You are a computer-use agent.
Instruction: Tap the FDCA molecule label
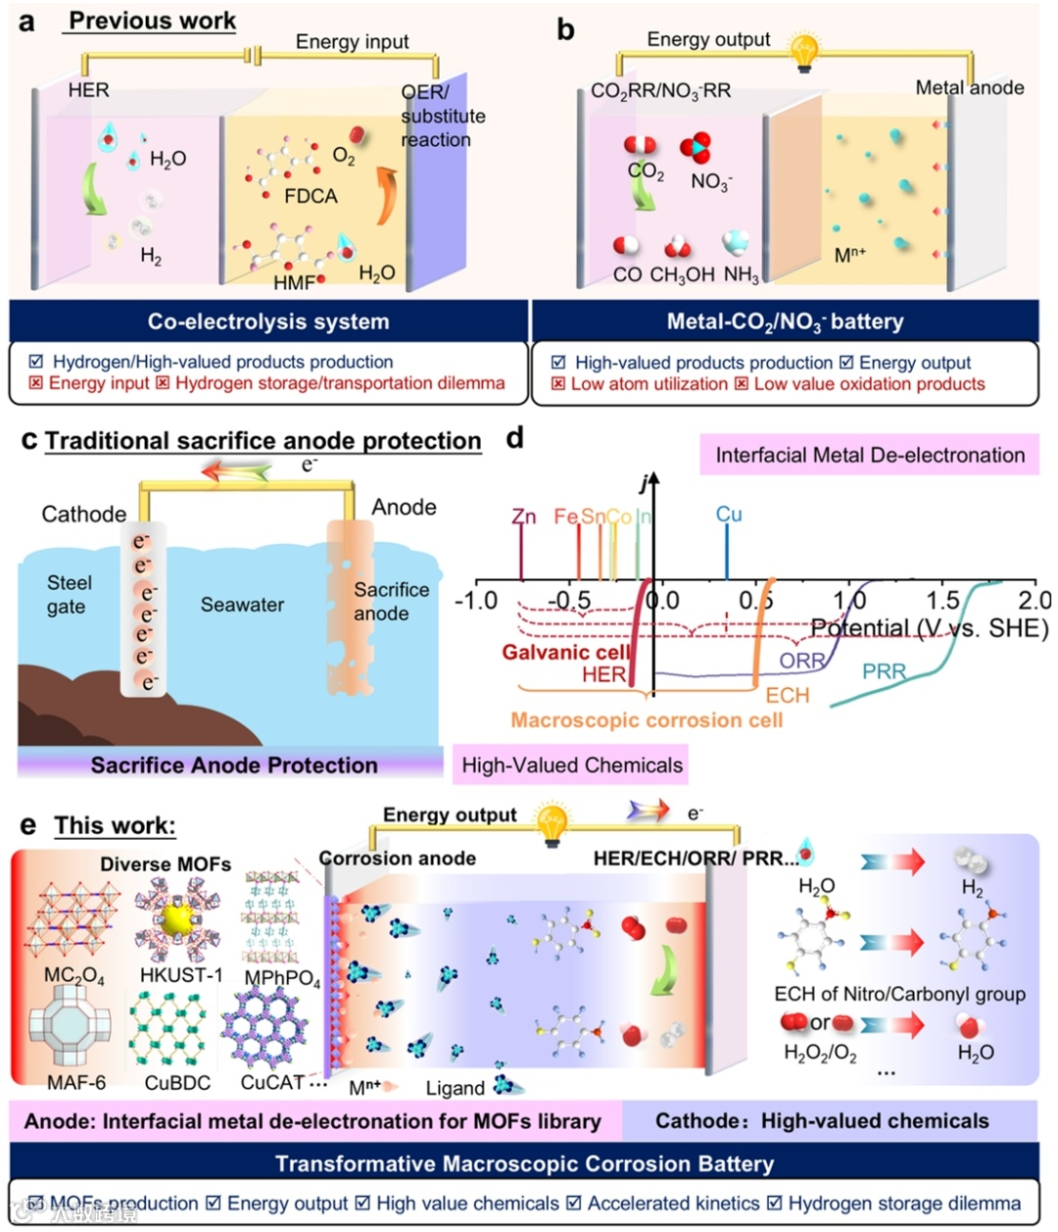coord(311,196)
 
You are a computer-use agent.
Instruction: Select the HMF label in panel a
coord(294,282)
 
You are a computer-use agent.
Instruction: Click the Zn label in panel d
coord(524,517)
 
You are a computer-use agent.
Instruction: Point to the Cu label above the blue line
coord(729,515)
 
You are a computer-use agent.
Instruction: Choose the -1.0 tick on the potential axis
coord(477,600)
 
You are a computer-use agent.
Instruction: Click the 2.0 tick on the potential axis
coord(1034,600)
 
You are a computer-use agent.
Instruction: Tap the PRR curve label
coord(884,671)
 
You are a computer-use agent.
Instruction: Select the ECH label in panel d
coord(788,695)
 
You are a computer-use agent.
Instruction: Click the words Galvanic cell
coord(566,652)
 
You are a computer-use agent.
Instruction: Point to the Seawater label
coord(242,605)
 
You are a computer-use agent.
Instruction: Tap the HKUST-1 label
coord(181,975)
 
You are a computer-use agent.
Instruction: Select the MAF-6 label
coord(76,1083)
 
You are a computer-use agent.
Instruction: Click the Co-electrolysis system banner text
coord(268,321)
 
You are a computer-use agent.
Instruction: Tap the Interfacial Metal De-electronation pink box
coord(870,455)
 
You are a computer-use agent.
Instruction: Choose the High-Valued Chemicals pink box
coord(572,765)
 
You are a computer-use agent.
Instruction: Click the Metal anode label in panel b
coord(969,87)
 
